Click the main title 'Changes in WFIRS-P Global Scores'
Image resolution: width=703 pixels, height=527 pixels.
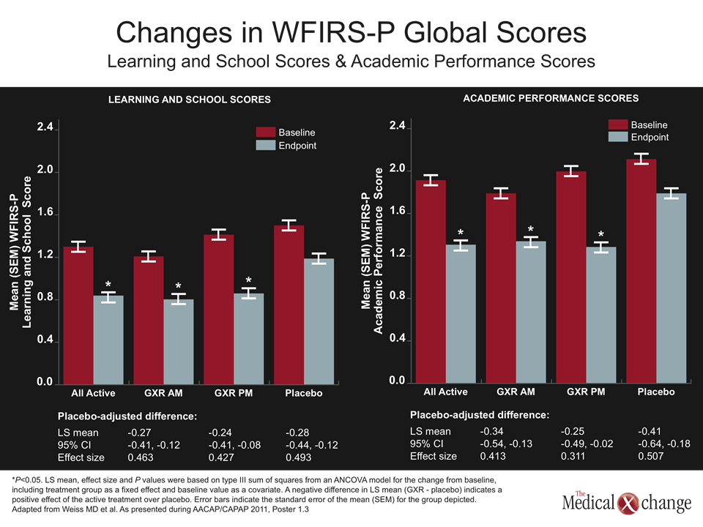pyautogui.click(x=351, y=32)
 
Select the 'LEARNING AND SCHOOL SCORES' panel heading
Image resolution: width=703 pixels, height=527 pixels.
pyautogui.click(x=189, y=100)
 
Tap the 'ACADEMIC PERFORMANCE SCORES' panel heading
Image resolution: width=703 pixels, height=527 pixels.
pyautogui.click(x=551, y=98)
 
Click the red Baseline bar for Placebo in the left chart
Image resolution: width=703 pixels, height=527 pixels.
pyautogui.click(x=289, y=304)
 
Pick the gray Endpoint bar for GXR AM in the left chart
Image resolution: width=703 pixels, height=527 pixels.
pyautogui.click(x=179, y=342)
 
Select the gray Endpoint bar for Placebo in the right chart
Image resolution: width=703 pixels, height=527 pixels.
pyautogui.click(x=672, y=288)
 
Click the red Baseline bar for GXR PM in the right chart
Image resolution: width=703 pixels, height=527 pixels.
pyautogui.click(x=570, y=277)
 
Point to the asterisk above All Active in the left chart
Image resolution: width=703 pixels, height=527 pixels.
pyautogui.click(x=108, y=285)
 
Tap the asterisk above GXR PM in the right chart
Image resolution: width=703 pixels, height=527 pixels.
pyautogui.click(x=600, y=234)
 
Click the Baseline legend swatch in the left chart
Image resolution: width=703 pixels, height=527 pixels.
pyautogui.click(x=265, y=132)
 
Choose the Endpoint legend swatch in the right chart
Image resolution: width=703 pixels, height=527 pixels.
pyautogui.click(x=618, y=137)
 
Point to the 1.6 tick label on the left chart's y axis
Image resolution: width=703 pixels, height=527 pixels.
pyautogui.click(x=45, y=212)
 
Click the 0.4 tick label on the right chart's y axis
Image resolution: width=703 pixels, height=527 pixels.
pyautogui.click(x=397, y=338)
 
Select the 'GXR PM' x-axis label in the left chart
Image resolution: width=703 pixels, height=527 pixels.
pyautogui.click(x=234, y=393)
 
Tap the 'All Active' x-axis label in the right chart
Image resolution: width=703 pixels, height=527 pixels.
pyautogui.click(x=446, y=392)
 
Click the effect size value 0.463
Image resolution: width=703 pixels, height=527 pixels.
pyautogui.click(x=141, y=457)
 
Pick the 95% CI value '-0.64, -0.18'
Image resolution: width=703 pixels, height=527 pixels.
pyautogui.click(x=664, y=444)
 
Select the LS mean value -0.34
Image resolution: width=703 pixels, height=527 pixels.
pyautogui.click(x=491, y=431)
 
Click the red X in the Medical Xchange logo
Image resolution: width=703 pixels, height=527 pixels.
pyautogui.click(x=628, y=504)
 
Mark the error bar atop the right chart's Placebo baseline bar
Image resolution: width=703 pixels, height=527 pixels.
pyautogui.click(x=641, y=159)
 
